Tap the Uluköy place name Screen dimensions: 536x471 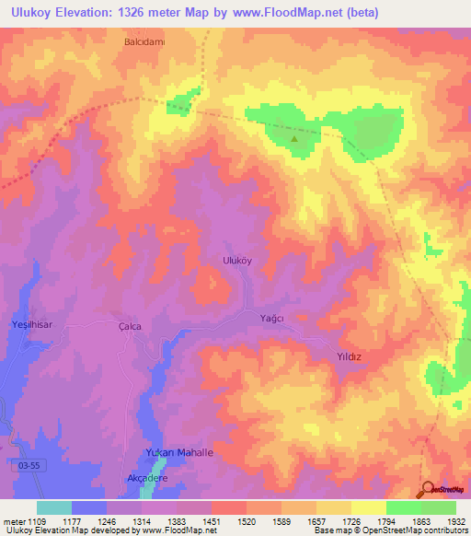[x=238, y=261]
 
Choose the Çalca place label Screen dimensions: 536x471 [x=134, y=326]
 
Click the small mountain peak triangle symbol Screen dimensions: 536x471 [x=294, y=140]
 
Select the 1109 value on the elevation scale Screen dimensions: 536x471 [x=36, y=520]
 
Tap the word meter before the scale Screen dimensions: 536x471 [x=13, y=520]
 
